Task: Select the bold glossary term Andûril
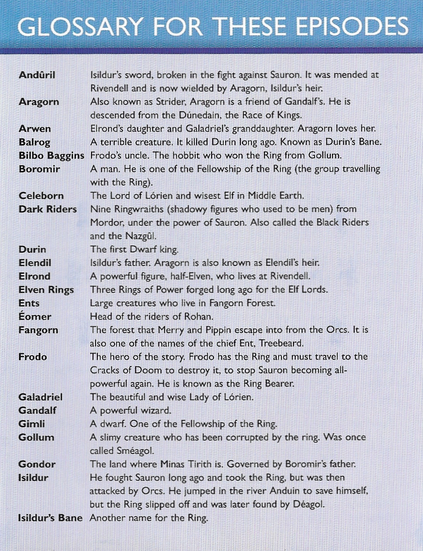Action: coord(37,75)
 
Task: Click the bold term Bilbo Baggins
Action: coord(51,156)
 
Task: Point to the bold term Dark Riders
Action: coord(48,209)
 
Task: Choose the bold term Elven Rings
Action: coord(46,290)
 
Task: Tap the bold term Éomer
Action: coord(35,317)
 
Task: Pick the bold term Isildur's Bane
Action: coord(50,518)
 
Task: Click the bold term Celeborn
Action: coord(41,196)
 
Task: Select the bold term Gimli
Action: coord(32,424)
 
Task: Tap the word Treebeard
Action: coord(281,343)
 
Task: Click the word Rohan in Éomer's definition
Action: coord(199,317)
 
